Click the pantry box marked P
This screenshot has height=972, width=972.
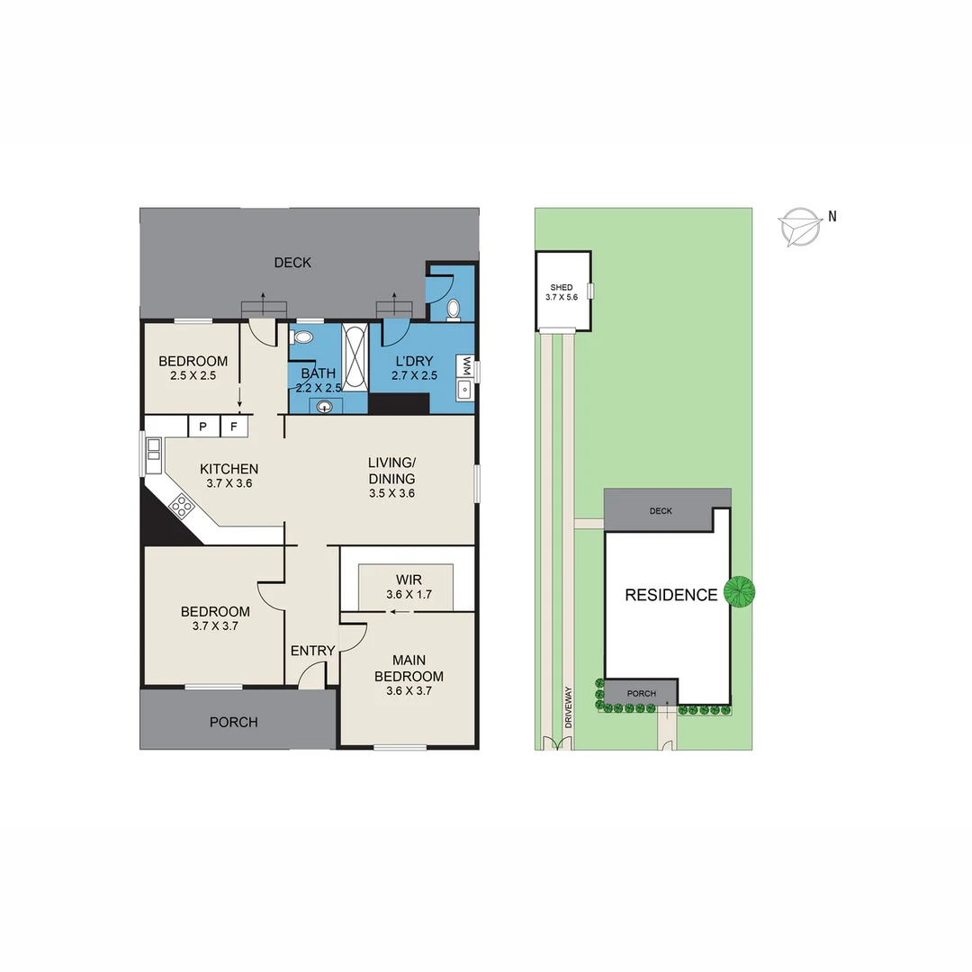202,426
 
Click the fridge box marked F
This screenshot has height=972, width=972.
233,426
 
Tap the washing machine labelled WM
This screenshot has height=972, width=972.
465,365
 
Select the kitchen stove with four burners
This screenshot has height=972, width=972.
182,506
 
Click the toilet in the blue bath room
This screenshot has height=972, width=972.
302,337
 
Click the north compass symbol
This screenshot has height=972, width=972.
799,226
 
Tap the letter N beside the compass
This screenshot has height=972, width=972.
832,216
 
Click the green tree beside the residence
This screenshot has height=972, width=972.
741,591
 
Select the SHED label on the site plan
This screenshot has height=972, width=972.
562,288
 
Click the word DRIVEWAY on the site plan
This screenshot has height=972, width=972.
568,707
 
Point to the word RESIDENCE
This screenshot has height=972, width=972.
671,595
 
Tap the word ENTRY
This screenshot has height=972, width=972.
313,651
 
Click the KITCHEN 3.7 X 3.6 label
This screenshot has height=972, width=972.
229,475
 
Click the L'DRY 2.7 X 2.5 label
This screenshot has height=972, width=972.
414,368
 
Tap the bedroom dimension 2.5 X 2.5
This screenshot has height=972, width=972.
193,375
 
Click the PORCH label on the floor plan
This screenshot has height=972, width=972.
233,722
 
